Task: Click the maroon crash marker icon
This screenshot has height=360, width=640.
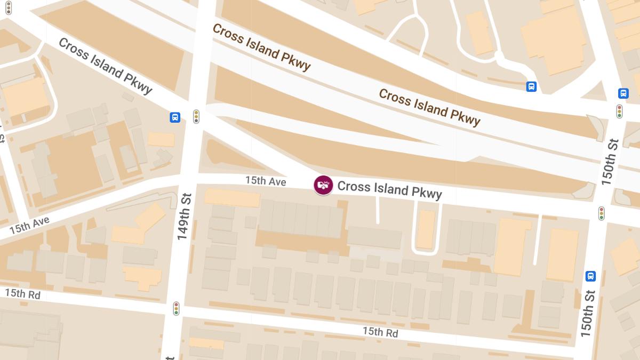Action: tap(323, 185)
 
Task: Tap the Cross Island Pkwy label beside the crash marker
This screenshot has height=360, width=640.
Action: tap(390, 189)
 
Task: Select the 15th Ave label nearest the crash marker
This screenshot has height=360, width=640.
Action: tap(266, 181)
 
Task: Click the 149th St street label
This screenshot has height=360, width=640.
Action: tap(183, 216)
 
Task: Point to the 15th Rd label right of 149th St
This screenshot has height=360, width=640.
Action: tap(380, 332)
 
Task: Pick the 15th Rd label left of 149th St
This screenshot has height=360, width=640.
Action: tap(22, 294)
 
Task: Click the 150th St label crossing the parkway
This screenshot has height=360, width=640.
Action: tap(610, 161)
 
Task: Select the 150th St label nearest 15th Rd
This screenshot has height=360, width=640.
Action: tap(587, 313)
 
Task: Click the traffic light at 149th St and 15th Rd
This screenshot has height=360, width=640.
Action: tap(176, 308)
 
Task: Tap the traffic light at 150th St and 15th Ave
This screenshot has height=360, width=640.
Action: tap(602, 213)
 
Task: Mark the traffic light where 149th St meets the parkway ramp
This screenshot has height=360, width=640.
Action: tap(196, 116)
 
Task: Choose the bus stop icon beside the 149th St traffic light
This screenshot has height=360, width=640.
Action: tap(175, 117)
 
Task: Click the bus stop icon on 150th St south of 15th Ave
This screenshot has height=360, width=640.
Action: tap(590, 276)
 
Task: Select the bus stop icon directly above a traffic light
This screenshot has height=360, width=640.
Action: tap(623, 93)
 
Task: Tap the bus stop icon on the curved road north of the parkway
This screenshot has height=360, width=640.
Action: tap(531, 86)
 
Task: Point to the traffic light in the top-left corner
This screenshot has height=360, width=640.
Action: tap(8, 7)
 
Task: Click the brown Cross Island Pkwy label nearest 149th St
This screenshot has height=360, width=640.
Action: tap(261, 47)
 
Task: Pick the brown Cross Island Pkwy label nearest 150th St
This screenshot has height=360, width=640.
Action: tap(429, 108)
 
